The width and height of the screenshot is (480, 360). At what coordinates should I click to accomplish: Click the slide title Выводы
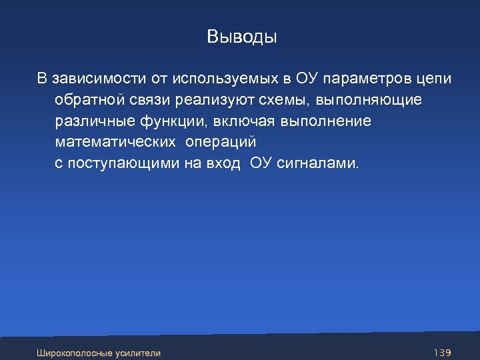click(241, 37)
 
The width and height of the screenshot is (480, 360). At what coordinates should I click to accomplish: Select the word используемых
click(225, 79)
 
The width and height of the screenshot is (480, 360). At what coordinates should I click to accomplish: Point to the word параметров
click(365, 79)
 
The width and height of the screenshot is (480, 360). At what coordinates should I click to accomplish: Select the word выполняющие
click(369, 101)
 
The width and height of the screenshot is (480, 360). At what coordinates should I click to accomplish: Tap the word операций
click(221, 143)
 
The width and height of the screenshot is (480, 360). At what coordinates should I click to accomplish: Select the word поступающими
click(120, 164)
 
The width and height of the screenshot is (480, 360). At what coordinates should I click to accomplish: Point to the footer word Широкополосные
click(75, 353)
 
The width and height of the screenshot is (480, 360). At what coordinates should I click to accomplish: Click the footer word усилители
click(138, 353)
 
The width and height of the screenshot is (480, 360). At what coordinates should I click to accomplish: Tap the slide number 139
click(443, 352)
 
